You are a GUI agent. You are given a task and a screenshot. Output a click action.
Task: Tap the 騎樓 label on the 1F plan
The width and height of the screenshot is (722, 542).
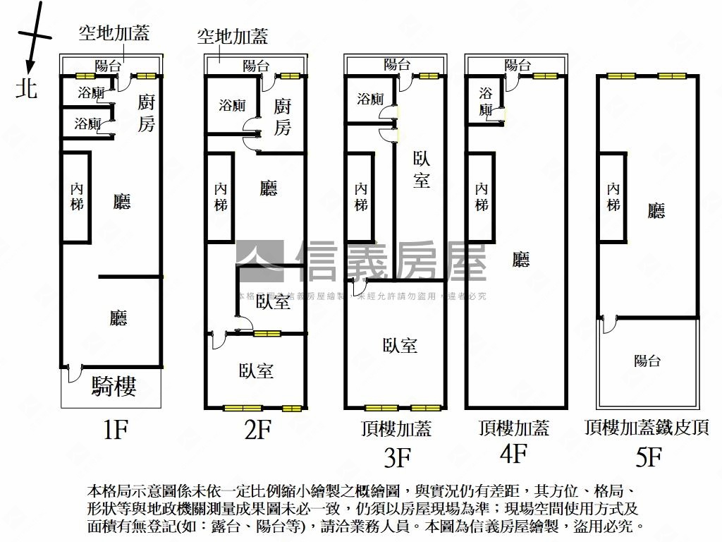[x=114, y=386]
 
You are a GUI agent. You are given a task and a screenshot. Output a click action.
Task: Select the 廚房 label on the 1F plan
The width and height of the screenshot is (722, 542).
[x=145, y=113]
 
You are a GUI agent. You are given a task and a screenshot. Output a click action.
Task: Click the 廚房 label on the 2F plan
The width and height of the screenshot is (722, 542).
[x=282, y=116]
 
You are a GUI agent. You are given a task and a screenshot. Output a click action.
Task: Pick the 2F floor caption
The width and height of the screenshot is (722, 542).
[x=257, y=429]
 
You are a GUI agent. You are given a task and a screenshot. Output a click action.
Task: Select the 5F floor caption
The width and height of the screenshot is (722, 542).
[x=649, y=457]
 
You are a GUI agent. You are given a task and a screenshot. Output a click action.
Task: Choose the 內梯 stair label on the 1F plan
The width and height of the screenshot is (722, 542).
[x=77, y=196]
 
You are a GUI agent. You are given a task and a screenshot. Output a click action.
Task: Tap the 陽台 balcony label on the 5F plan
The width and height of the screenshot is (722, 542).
[x=647, y=361]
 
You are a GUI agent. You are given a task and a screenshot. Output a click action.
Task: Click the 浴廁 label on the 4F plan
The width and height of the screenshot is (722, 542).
[x=486, y=102]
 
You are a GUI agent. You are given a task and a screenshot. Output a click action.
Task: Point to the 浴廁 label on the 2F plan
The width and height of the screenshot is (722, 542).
[x=232, y=106]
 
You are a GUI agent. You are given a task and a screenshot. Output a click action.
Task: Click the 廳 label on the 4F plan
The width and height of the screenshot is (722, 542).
[x=521, y=260]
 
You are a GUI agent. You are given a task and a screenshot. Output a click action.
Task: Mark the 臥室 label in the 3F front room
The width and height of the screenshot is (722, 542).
[x=400, y=345]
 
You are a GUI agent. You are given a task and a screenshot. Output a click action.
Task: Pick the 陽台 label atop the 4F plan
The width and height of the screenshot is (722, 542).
[x=518, y=66]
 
